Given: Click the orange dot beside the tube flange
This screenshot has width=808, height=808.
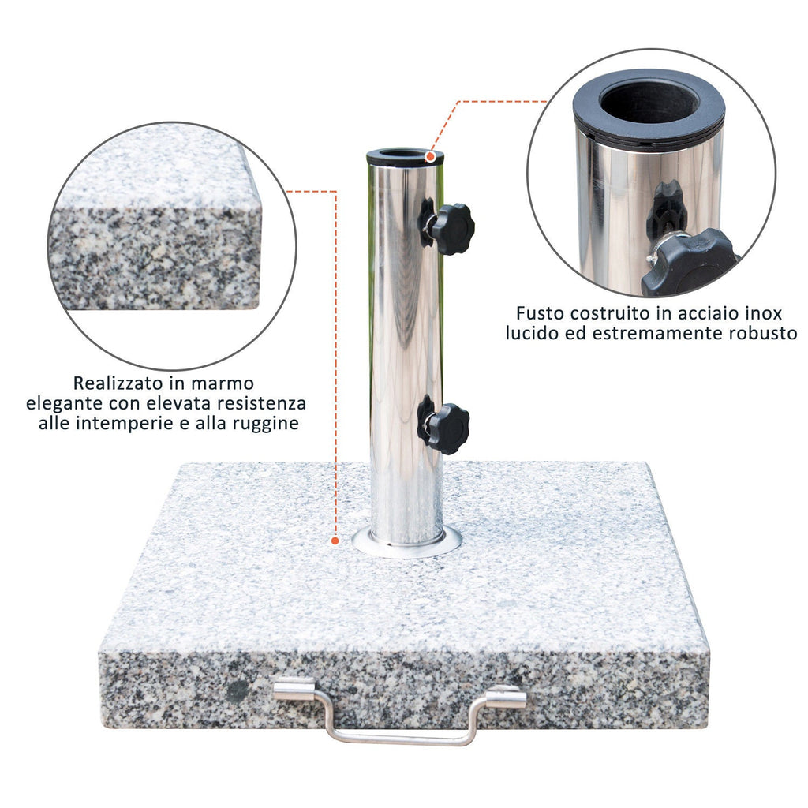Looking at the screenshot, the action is click(335, 541).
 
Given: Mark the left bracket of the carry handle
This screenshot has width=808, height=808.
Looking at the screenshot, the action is click(294, 689).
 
